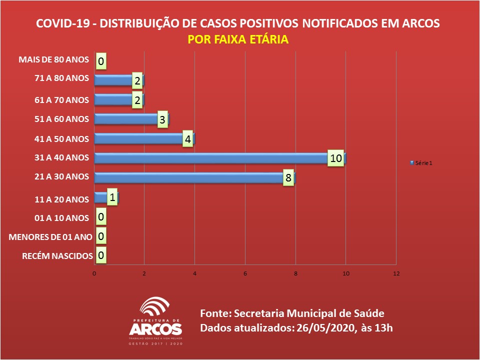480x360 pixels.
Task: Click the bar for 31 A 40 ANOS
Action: click(210, 158)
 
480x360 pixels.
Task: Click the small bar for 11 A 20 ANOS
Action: click(100, 197)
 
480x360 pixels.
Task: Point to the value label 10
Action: click(336, 158)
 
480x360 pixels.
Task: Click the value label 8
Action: click(288, 178)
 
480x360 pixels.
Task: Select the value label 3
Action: click(162, 120)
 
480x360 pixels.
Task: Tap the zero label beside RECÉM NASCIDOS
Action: click(101, 255)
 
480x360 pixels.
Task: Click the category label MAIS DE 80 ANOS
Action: click(53, 60)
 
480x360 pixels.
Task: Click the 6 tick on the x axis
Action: click(245, 273)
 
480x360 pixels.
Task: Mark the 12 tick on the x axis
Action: click(396, 273)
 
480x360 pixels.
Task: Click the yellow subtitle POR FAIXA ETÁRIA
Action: click(238, 39)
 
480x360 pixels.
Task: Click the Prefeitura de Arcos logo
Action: click(155, 322)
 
